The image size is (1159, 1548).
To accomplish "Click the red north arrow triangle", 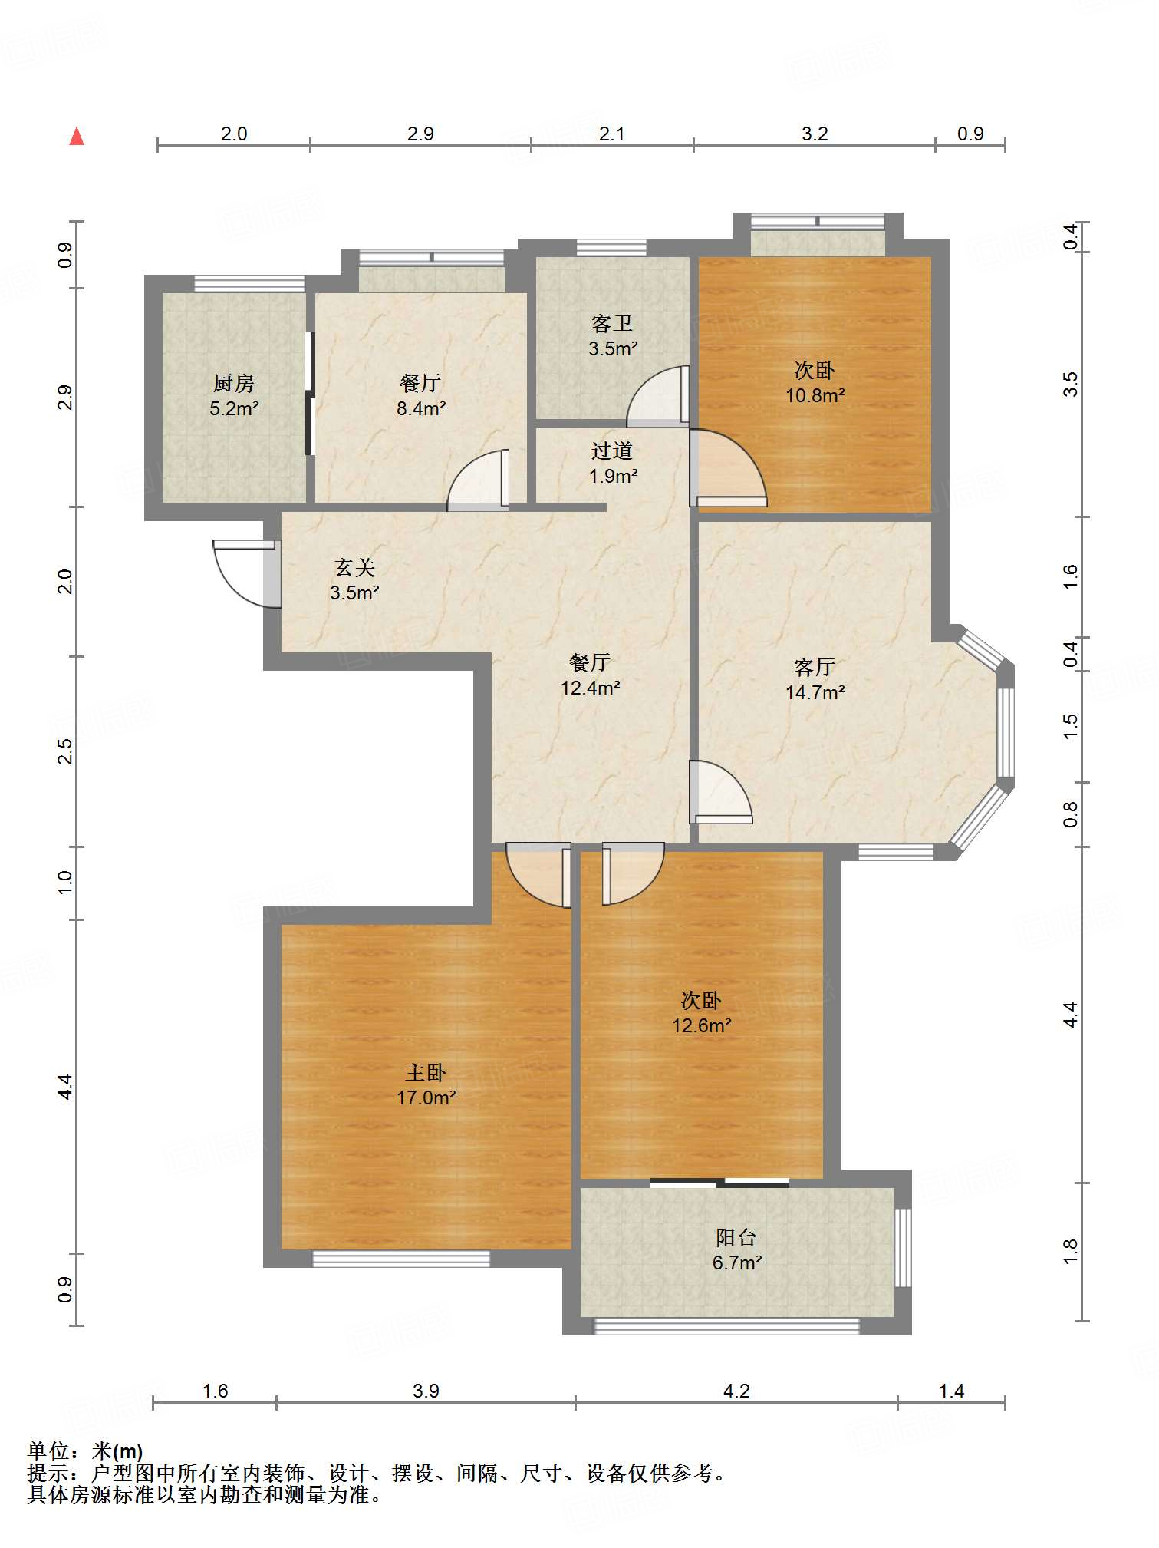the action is tap(77, 137).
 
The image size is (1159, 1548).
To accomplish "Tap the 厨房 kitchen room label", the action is tap(233, 382).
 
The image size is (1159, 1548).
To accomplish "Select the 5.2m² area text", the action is tap(234, 408).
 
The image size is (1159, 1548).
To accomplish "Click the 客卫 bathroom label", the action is tap(612, 323).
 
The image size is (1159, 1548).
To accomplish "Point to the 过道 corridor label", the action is tap(612, 451).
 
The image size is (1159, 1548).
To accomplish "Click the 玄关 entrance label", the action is tap(354, 567).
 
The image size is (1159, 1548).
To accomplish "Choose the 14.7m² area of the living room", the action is tap(815, 692).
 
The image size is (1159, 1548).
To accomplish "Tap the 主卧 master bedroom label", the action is tap(426, 1072).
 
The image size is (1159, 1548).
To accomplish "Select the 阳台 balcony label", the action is tap(736, 1237).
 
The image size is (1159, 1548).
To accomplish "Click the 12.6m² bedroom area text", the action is tap(702, 1025).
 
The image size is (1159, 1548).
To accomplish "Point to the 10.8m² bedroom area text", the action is tap(815, 395).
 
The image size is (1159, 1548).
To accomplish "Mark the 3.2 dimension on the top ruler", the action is tap(815, 134).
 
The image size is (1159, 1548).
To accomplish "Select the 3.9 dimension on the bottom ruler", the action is tap(426, 1391).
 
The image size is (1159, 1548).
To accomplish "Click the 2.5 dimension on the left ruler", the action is tap(65, 751).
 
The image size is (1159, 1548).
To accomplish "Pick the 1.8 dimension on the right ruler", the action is tap(1071, 1251).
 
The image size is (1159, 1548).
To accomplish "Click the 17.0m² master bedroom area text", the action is tap(426, 1097).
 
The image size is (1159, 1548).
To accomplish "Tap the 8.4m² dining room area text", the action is tap(421, 408).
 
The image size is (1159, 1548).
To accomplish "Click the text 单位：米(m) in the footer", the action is tap(85, 1451).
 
